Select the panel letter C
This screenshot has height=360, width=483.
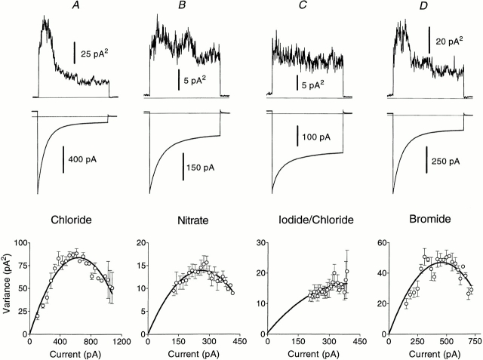coord(307,7)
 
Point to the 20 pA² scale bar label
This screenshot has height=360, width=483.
coord(450,43)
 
